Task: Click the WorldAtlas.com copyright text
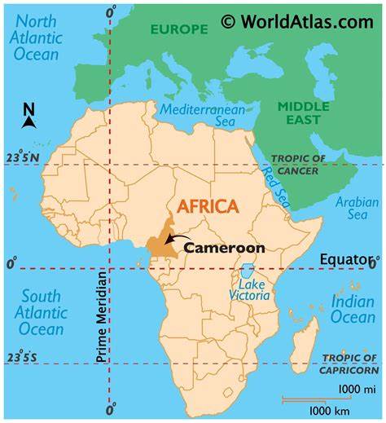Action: pos(297,22)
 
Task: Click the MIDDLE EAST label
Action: pos(304,113)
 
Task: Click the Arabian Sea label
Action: pos(357,209)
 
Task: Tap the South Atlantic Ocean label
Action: pos(41,311)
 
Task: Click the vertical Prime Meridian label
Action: pos(101,317)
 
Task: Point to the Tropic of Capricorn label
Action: pos(348,364)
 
